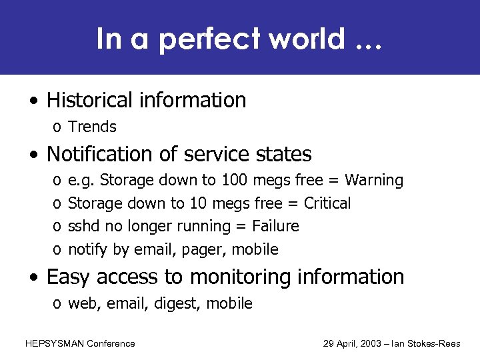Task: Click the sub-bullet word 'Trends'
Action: [x=93, y=127]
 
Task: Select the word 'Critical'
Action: [x=327, y=203]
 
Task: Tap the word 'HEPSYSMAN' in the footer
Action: [x=53, y=343]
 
